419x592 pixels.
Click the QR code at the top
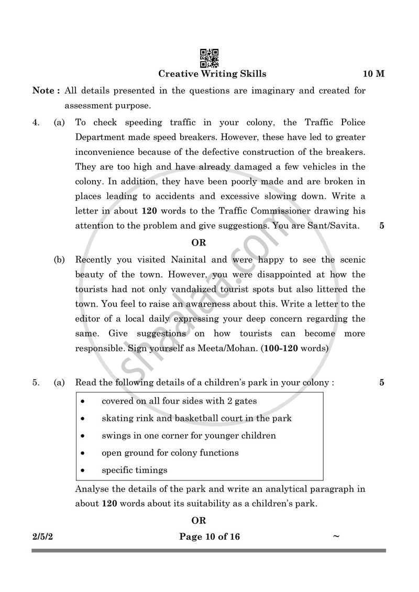pyautogui.click(x=209, y=58)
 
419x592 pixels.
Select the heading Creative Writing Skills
pyautogui.click(x=212, y=74)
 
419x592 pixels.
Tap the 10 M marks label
pyautogui.click(x=373, y=74)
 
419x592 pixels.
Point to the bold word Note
pyautogui.click(x=44, y=91)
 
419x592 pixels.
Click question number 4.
pyautogui.click(x=36, y=123)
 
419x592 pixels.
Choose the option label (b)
pyautogui.click(x=59, y=260)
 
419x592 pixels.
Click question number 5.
pyautogui.click(x=36, y=383)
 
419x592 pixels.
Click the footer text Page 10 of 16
pyautogui.click(x=210, y=537)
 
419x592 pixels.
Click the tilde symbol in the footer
pyautogui.click(x=336, y=536)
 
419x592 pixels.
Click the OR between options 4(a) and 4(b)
pyautogui.click(x=199, y=243)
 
